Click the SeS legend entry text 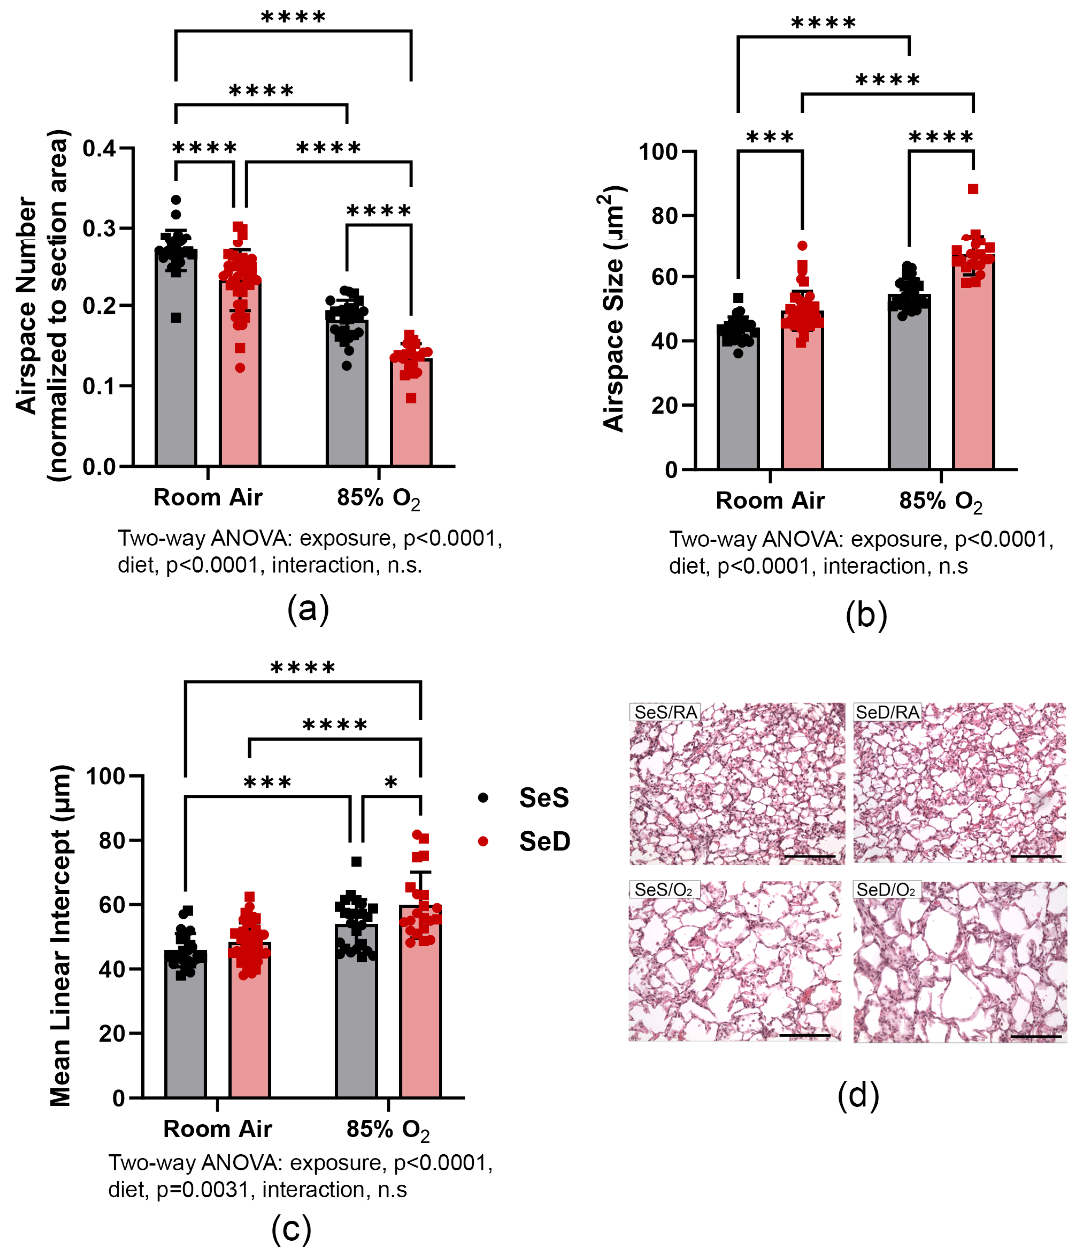[543, 798]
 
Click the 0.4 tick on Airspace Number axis [99, 148]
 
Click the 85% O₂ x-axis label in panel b [940, 501]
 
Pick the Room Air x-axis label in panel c [218, 1128]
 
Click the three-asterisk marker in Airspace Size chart [770, 137]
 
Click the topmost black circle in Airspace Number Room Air [176, 200]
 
